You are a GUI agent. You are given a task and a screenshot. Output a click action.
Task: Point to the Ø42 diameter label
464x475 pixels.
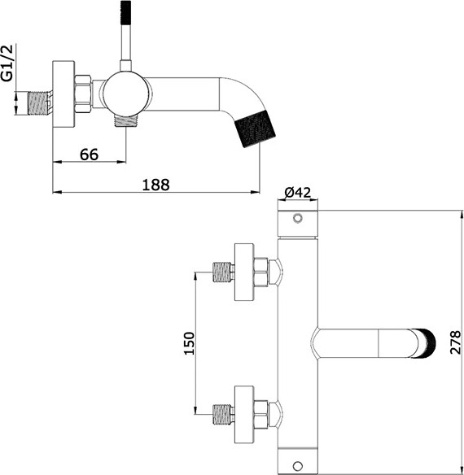point(298,193)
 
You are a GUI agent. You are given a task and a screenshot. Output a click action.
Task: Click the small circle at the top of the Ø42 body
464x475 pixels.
point(298,219)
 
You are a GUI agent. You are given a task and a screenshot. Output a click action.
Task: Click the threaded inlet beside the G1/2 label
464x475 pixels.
point(37,99)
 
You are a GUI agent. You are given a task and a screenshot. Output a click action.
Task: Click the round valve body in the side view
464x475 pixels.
point(123,92)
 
